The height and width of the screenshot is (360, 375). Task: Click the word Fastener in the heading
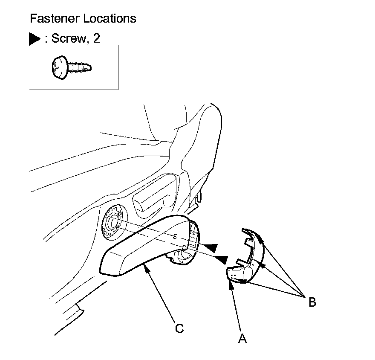[50, 19]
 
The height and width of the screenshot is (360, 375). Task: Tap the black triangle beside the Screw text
[35, 39]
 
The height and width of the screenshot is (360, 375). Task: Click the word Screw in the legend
[68, 39]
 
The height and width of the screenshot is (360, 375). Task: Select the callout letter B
[312, 302]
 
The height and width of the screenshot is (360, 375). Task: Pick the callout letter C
[179, 328]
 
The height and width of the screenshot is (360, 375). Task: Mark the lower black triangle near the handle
[220, 258]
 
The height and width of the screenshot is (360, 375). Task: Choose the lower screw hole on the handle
[183, 247]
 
